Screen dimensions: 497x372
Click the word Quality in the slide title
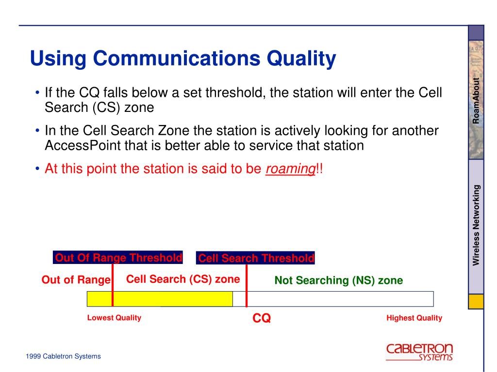coord(301,59)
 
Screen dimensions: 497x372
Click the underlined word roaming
coord(291,169)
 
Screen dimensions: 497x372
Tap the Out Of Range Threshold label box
coord(118,257)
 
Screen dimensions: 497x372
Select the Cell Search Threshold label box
coord(255,258)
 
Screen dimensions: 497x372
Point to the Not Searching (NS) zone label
coord(338,280)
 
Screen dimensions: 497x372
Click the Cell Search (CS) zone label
coord(183,279)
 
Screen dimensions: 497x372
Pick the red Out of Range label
coord(76,280)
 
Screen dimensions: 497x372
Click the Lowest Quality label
coord(114,318)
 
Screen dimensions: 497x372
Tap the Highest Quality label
coord(414,318)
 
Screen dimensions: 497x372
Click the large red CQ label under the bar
coord(262,318)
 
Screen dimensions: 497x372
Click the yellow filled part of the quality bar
coord(160,299)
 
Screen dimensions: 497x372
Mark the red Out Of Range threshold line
coord(113,285)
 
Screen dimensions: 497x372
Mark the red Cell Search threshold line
coord(246,286)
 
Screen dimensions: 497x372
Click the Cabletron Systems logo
coord(419,352)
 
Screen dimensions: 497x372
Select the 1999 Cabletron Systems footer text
coord(63,356)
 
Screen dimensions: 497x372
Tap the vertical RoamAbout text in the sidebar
coord(476,101)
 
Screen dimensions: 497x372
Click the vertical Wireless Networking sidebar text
coord(476,225)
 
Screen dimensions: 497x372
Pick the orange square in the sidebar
coord(476,301)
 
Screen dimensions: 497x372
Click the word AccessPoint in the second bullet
coord(83,146)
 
